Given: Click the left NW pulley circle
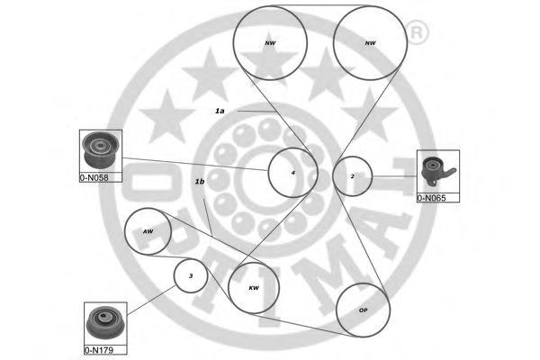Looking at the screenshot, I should click(270, 42).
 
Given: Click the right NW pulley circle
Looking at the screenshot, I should click(370, 42).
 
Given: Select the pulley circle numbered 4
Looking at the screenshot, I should click(293, 171).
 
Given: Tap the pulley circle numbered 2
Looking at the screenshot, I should click(353, 176).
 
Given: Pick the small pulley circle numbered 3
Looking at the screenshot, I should click(191, 275).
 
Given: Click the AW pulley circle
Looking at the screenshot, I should click(148, 231).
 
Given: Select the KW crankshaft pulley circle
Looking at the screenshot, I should click(254, 288).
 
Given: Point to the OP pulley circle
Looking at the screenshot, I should click(363, 310).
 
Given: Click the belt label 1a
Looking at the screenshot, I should click(219, 111).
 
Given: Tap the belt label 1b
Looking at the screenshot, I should click(200, 182).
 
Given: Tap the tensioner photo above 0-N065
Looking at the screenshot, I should click(438, 170).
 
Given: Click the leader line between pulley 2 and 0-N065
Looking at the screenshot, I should click(396, 176).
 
